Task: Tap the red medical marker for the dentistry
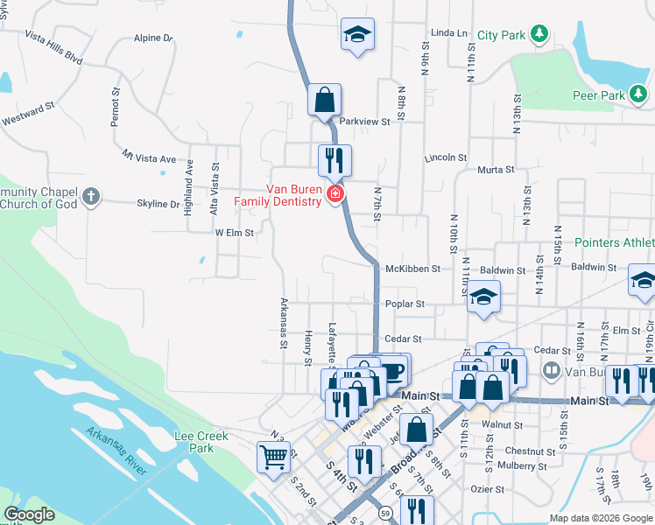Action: point(334,194)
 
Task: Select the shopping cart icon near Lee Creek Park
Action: point(273,456)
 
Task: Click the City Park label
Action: point(502,36)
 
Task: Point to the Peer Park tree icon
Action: point(639,93)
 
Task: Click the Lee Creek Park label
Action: point(201,442)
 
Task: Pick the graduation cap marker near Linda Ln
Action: point(356,34)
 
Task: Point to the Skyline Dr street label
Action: point(158,204)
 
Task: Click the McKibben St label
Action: point(412,269)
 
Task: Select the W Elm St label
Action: point(234,234)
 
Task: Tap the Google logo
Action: point(29,514)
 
